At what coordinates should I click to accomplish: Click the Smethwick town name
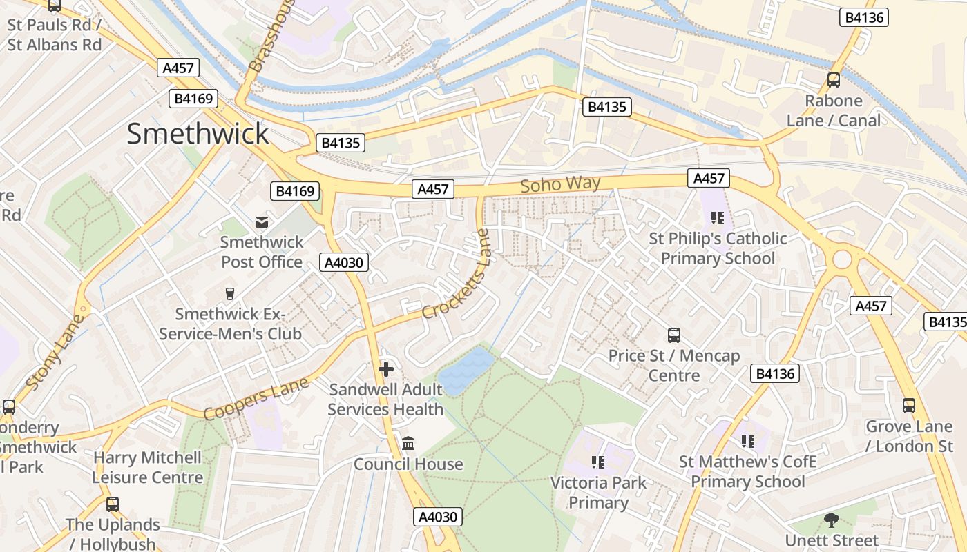click(198, 134)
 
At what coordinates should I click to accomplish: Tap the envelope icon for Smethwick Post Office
click(262, 221)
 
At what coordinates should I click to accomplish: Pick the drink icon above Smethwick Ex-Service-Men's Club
click(230, 294)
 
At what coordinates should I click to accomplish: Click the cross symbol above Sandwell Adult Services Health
click(386, 369)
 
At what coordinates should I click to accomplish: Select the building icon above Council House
click(408, 443)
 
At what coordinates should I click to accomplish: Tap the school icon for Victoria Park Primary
click(598, 462)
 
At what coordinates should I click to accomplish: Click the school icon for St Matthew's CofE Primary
click(747, 440)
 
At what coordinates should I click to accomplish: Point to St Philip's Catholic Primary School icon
click(718, 218)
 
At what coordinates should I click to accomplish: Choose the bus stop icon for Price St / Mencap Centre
click(674, 335)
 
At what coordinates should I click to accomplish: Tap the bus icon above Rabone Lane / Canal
click(834, 79)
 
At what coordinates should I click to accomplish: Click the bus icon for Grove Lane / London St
click(909, 406)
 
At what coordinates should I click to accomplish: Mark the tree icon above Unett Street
click(832, 520)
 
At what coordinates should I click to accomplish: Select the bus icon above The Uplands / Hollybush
click(113, 504)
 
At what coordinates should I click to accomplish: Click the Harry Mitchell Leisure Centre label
click(147, 467)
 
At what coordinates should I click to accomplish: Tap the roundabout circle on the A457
click(842, 260)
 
